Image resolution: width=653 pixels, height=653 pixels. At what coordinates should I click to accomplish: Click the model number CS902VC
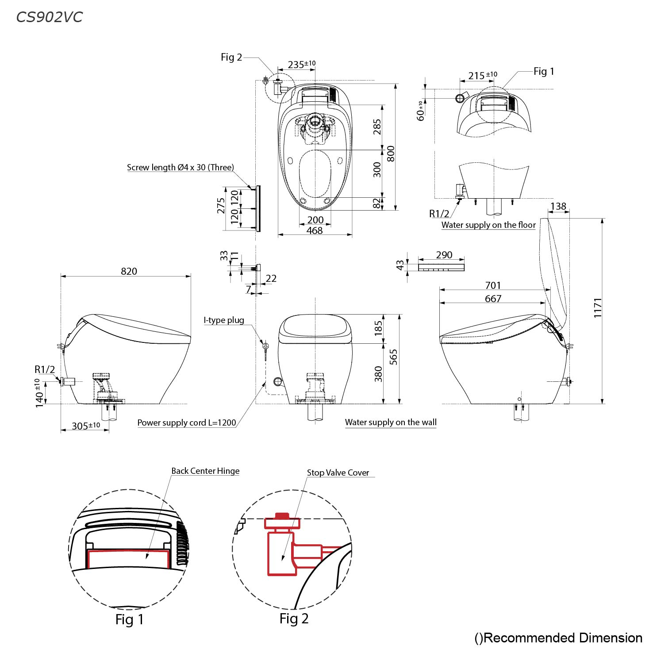pos(50,17)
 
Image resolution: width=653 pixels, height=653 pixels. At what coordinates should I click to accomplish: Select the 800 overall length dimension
pos(390,154)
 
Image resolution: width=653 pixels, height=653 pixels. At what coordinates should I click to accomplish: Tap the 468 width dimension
pos(315,230)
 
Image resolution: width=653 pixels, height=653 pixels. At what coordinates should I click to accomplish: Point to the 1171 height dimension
pos(598,308)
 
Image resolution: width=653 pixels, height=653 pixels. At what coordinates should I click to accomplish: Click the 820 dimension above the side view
pos(129,271)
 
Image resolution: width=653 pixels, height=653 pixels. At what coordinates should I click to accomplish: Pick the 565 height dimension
pos(393,357)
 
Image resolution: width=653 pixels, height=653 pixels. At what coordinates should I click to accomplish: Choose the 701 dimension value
pos(493,285)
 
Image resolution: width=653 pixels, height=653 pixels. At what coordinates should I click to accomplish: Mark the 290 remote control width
pos(444,254)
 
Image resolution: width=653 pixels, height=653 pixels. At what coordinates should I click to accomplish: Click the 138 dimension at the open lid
pos(558,206)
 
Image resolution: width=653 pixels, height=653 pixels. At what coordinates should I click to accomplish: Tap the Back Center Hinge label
pos(205,471)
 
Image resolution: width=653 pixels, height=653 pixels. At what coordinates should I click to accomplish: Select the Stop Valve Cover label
pos(338,472)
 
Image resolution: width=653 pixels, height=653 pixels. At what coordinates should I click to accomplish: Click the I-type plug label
pos(224,320)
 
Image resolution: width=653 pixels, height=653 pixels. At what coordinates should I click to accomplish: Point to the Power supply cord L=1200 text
pos(187,423)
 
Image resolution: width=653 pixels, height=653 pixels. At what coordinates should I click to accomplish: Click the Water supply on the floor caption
pos(488,225)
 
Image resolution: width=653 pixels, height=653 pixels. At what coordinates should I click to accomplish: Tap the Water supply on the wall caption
pos(391,422)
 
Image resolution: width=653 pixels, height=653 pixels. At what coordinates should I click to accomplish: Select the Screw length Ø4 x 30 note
pos(181,167)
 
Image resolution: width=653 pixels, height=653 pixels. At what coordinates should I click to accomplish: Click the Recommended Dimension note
pos(558,638)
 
